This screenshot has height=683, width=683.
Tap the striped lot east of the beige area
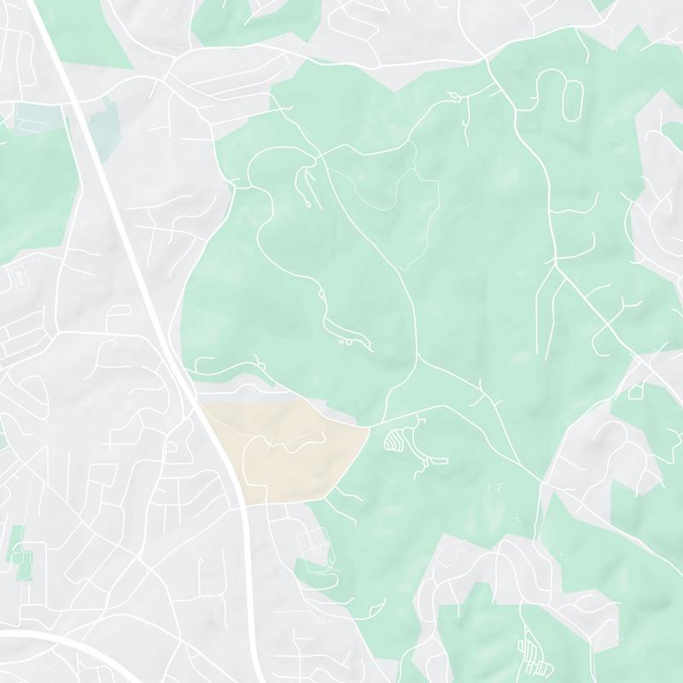[x=395, y=441]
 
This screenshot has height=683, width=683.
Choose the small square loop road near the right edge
[x=635, y=392]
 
